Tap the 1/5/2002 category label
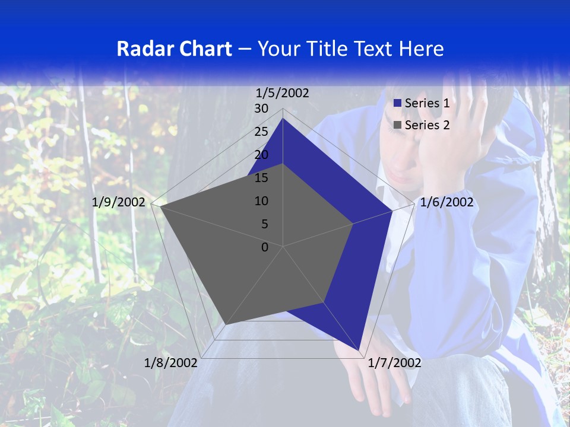[x=283, y=93]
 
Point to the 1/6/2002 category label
[x=446, y=203]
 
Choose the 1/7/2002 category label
[x=394, y=363]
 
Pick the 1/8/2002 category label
[x=171, y=363]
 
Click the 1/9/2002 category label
[x=119, y=203]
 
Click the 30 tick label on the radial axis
[x=261, y=109]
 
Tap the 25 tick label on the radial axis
[x=261, y=132]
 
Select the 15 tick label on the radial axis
[x=261, y=178]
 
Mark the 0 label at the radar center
[x=265, y=247]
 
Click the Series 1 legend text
[x=427, y=104]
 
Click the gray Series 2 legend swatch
[x=398, y=125]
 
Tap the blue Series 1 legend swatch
[x=398, y=104]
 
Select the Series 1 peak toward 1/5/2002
[x=283, y=119]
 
